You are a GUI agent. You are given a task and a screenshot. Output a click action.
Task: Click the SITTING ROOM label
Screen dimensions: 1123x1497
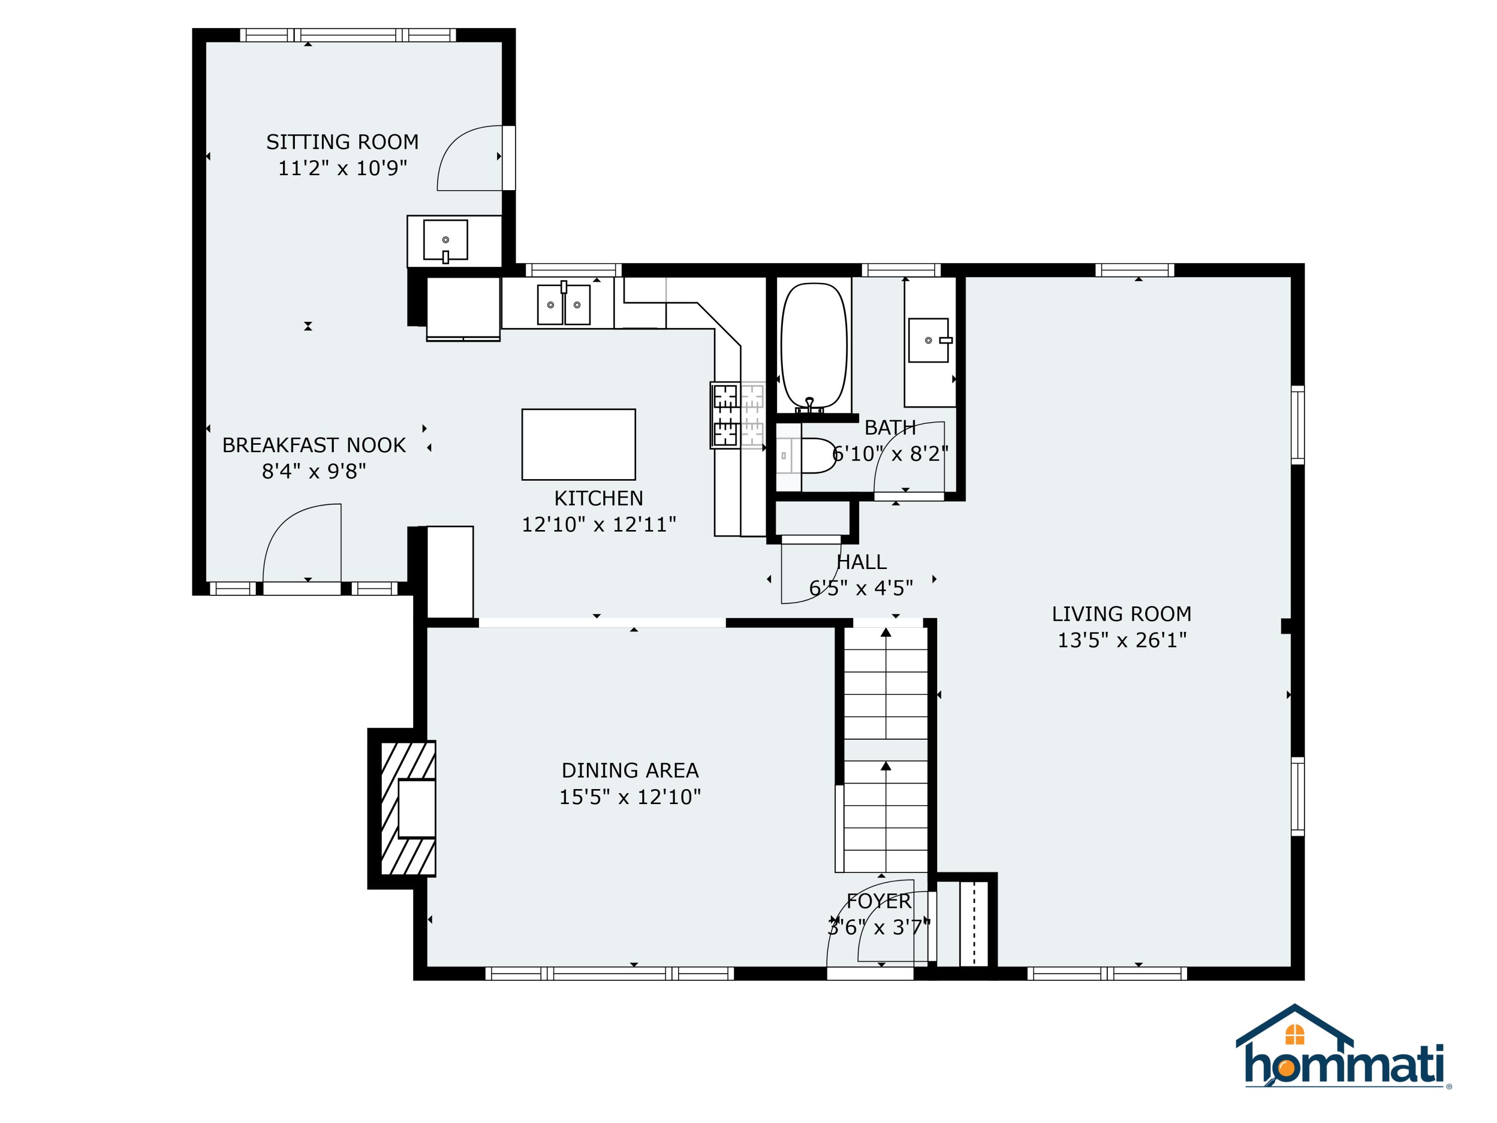[342, 142]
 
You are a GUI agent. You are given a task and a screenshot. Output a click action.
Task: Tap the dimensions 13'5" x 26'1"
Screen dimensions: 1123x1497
[1121, 640]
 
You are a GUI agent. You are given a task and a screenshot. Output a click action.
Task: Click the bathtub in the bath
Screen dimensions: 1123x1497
[813, 345]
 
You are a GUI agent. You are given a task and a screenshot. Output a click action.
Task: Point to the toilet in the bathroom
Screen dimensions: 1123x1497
[815, 456]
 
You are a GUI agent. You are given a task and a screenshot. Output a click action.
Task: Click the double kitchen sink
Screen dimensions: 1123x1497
[563, 304]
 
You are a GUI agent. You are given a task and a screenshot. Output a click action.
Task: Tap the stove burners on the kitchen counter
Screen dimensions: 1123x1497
[737, 414]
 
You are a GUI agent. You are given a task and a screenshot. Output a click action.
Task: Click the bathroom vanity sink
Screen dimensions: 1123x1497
[929, 340]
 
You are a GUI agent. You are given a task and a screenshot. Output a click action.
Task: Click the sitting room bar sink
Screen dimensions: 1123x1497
[445, 240]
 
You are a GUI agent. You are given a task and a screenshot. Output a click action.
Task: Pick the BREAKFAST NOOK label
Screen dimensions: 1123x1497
[313, 445]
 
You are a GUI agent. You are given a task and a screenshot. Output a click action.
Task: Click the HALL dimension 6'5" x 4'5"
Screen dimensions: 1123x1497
[861, 588]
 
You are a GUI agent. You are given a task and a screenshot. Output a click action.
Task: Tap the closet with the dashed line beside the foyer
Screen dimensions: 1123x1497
[973, 923]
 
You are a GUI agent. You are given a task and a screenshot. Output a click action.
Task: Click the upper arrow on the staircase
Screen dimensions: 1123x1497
[885, 633]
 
